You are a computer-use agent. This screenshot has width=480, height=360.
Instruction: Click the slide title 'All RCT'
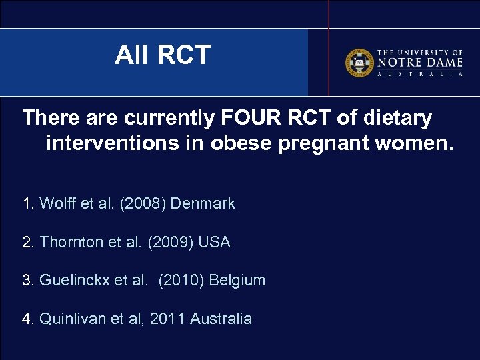163,55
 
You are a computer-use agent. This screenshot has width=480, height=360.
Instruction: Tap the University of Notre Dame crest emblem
359,63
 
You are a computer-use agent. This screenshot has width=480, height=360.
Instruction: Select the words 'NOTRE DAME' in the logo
420,62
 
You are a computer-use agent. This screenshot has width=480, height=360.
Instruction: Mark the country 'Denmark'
203,203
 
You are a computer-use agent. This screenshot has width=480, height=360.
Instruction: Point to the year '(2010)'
181,280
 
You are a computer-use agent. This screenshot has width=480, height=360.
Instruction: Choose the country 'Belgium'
237,280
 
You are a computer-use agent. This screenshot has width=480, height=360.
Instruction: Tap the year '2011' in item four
168,319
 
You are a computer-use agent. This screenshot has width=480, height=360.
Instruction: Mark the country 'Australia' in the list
221,319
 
